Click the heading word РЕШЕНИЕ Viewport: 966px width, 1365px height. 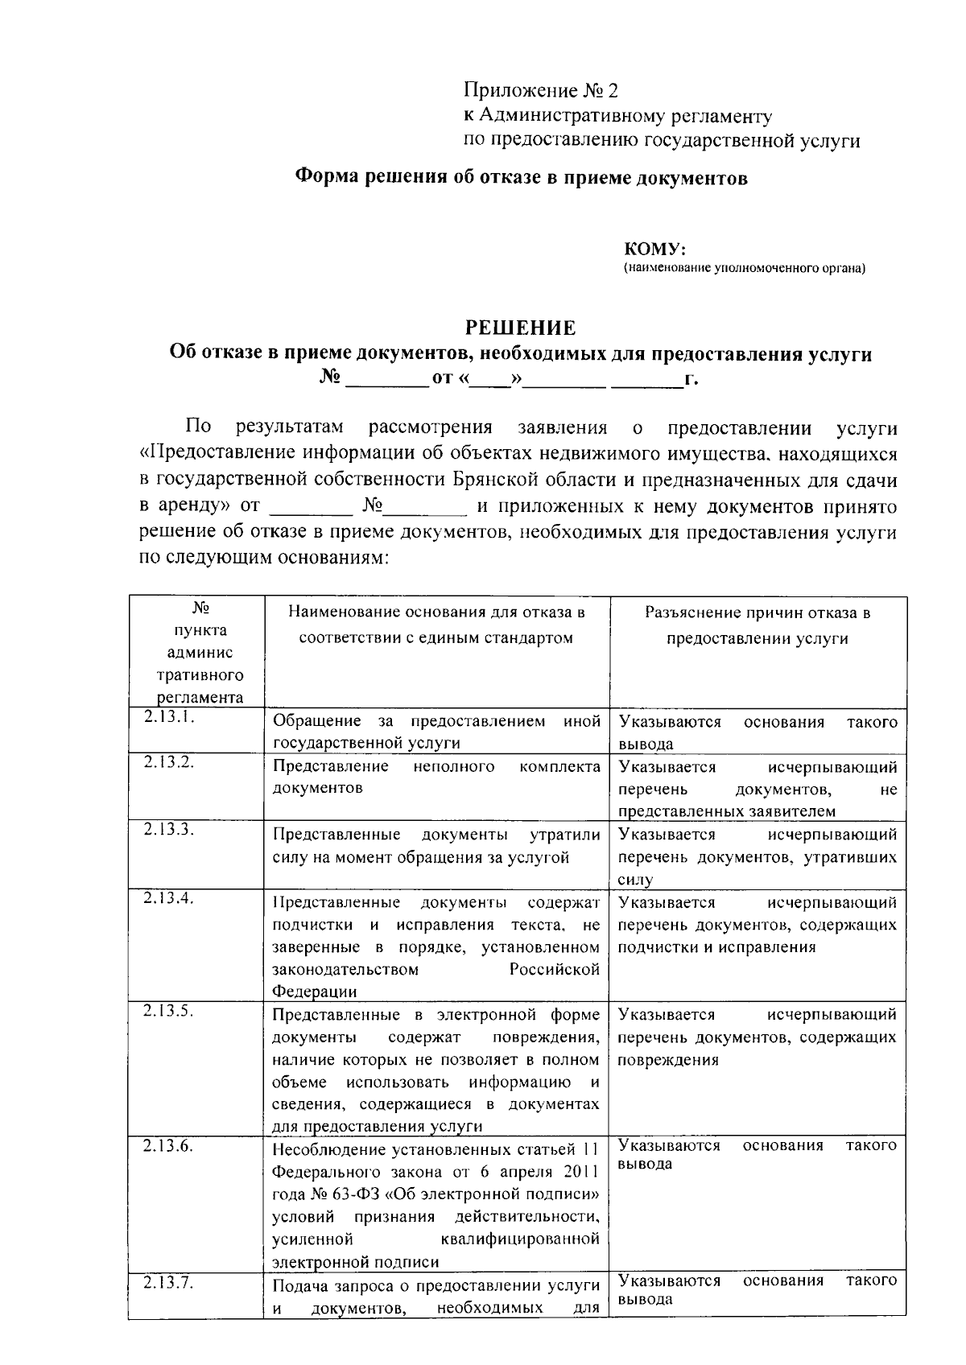(x=521, y=328)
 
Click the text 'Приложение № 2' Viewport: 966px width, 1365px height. (x=544, y=90)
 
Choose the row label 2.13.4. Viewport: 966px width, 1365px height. (x=168, y=898)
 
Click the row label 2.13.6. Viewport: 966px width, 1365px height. (x=168, y=1146)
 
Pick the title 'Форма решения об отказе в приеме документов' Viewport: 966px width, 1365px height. (x=521, y=178)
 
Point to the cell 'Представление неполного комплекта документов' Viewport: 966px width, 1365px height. (x=436, y=777)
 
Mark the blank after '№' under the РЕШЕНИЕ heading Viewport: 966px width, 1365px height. (x=386, y=378)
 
